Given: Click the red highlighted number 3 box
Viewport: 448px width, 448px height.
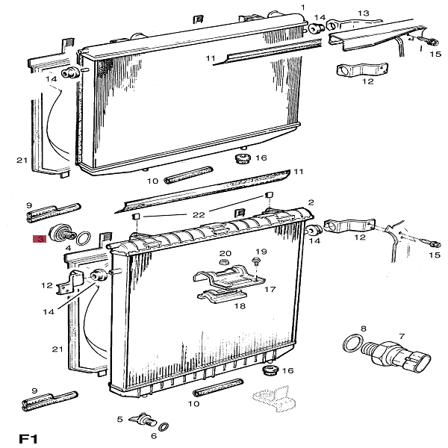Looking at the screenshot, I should tap(39, 239).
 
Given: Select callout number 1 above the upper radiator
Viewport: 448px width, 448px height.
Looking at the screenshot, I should tap(303, 7).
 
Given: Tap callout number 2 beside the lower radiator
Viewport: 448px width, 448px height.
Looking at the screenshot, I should tap(311, 202).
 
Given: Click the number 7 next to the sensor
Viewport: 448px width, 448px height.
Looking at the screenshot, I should tap(402, 337).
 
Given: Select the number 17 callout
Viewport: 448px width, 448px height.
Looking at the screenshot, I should tap(270, 289).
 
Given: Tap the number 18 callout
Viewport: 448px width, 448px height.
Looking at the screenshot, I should tap(241, 305).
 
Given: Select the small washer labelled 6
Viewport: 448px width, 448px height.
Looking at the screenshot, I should tap(164, 427).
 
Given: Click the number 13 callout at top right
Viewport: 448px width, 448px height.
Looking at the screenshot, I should tap(364, 13).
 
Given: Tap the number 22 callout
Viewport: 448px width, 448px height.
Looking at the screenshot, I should tap(198, 214).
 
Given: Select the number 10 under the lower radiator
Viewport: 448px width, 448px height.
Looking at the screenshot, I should tap(194, 404).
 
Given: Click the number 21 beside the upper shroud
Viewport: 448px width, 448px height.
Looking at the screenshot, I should tap(22, 161).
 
